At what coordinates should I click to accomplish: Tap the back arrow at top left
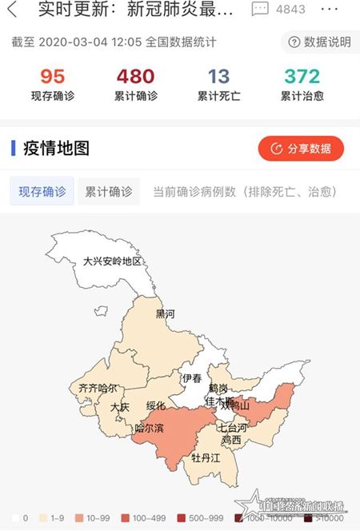pos(11,10)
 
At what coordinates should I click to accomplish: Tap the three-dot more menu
pos(329,10)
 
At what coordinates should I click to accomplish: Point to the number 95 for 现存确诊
pos(52,77)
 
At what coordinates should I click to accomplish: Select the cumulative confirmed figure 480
pos(135,77)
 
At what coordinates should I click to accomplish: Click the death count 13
pos(218,77)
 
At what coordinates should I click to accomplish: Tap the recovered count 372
pos(301,77)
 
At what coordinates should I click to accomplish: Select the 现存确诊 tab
pos(42,192)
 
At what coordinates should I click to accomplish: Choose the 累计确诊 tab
pos(109,192)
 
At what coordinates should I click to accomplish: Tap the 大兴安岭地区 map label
pos(112,262)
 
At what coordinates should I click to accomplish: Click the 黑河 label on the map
pos(165,313)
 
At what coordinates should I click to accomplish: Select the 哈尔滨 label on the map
pos(149,429)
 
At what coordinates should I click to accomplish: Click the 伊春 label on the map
pos(191,377)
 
